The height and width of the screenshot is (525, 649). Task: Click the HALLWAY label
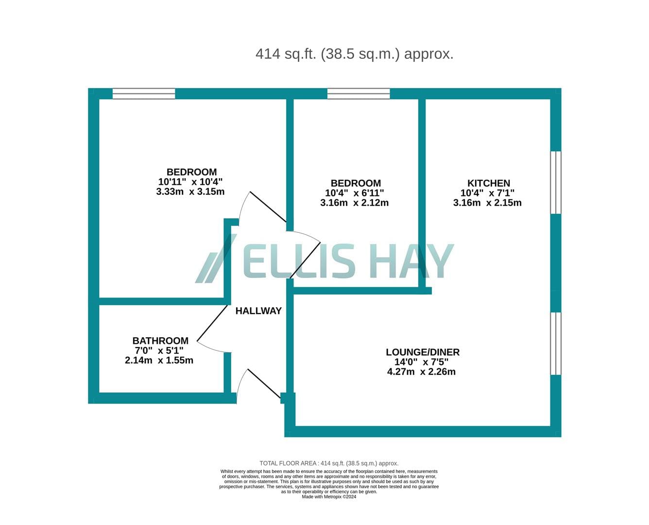click(x=258, y=311)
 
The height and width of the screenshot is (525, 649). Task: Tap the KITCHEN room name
click(x=488, y=183)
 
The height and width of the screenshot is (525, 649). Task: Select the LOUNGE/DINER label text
click(x=423, y=352)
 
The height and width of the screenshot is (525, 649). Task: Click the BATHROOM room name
click(x=160, y=341)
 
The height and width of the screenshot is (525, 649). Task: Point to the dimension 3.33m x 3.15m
click(x=190, y=192)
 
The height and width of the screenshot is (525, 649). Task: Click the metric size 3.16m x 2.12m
click(x=354, y=203)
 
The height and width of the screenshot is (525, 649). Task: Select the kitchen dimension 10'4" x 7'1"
click(x=488, y=193)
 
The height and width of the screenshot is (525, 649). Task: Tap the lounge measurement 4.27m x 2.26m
click(x=421, y=372)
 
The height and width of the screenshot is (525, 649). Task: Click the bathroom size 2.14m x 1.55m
click(x=159, y=360)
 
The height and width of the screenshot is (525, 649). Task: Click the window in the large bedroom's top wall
click(x=144, y=94)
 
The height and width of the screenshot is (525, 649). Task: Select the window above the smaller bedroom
click(x=359, y=94)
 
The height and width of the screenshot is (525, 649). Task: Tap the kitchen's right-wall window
click(x=556, y=183)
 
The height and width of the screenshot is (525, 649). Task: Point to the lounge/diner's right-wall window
click(x=556, y=344)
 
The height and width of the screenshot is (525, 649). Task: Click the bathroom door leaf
click(x=212, y=323)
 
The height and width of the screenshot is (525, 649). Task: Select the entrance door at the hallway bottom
click(x=264, y=384)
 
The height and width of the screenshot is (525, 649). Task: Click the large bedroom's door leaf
click(x=268, y=207)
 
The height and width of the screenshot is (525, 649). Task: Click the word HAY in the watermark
click(x=412, y=261)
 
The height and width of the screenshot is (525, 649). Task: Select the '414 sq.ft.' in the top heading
click(x=286, y=54)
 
